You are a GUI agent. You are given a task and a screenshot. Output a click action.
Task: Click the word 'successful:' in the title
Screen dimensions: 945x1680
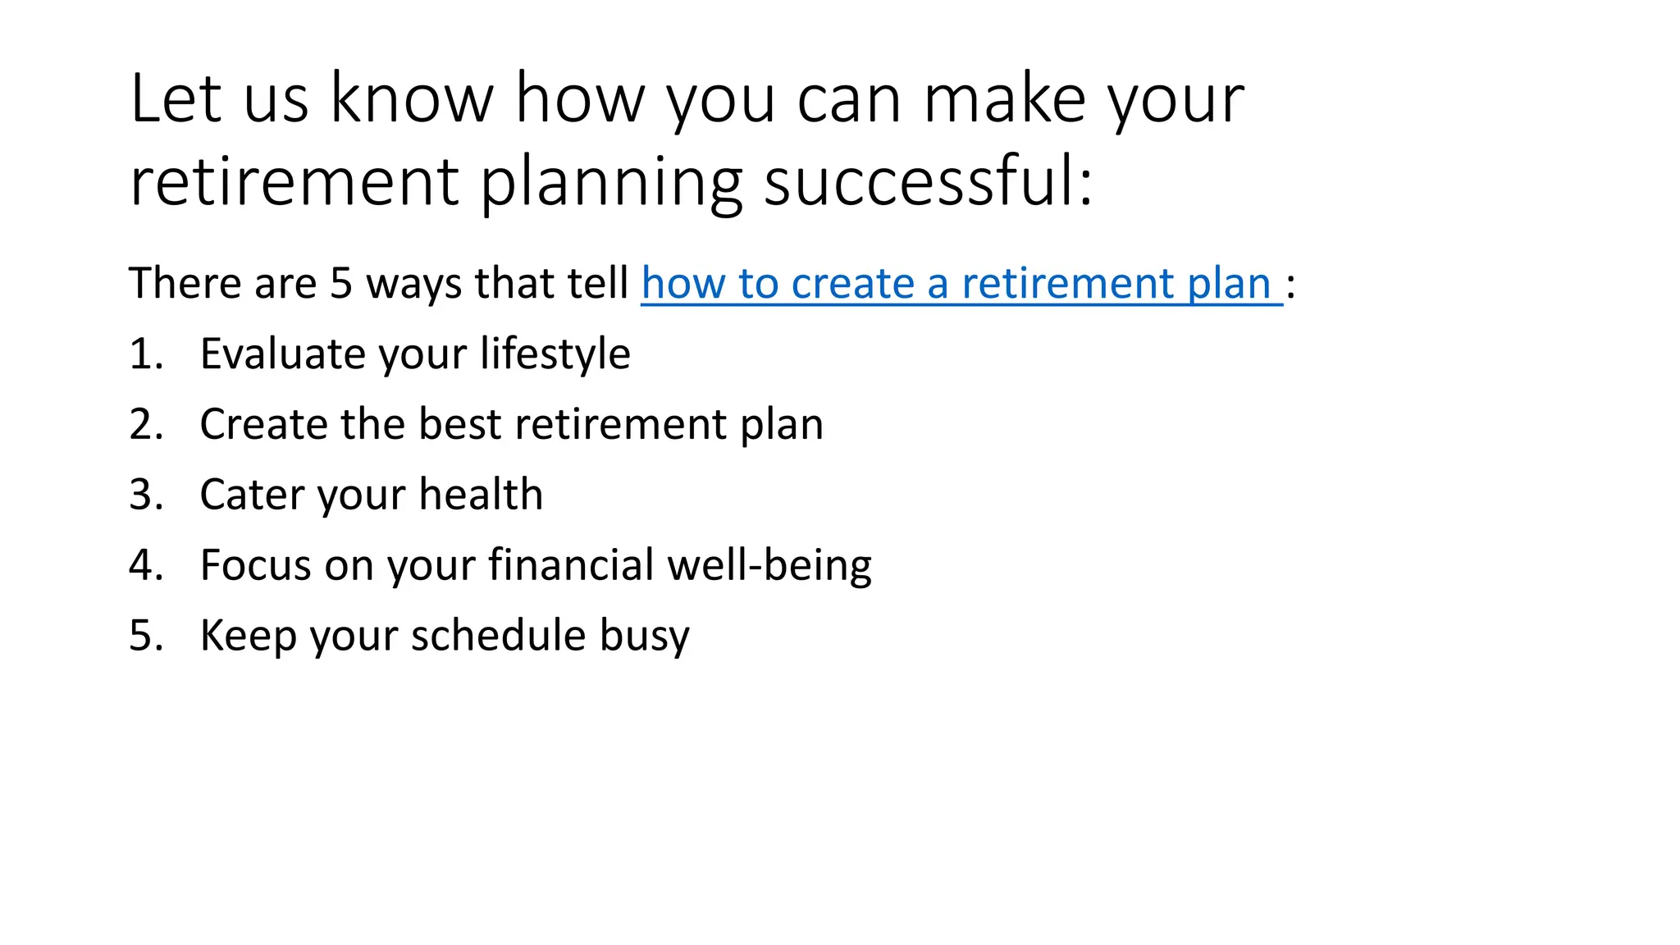(x=929, y=182)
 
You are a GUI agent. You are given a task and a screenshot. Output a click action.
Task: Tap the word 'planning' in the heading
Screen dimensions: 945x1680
(x=610, y=182)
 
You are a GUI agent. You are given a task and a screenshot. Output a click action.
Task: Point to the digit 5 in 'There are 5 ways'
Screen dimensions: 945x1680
(x=341, y=284)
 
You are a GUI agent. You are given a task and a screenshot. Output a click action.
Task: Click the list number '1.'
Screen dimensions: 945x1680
(x=146, y=354)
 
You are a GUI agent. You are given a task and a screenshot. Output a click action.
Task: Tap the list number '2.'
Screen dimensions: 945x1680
(x=146, y=425)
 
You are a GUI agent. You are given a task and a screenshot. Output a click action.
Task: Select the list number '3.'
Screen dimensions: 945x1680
(x=146, y=495)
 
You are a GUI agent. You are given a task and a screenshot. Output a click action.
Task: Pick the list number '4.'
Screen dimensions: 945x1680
(x=146, y=566)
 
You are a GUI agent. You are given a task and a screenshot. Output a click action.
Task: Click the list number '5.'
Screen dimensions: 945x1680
(x=146, y=637)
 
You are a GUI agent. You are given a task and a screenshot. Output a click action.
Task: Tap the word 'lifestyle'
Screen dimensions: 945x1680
(x=555, y=354)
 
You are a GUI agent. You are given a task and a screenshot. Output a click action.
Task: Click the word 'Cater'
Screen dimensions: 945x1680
(x=252, y=495)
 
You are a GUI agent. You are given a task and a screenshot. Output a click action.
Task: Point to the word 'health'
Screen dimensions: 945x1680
(x=481, y=495)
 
